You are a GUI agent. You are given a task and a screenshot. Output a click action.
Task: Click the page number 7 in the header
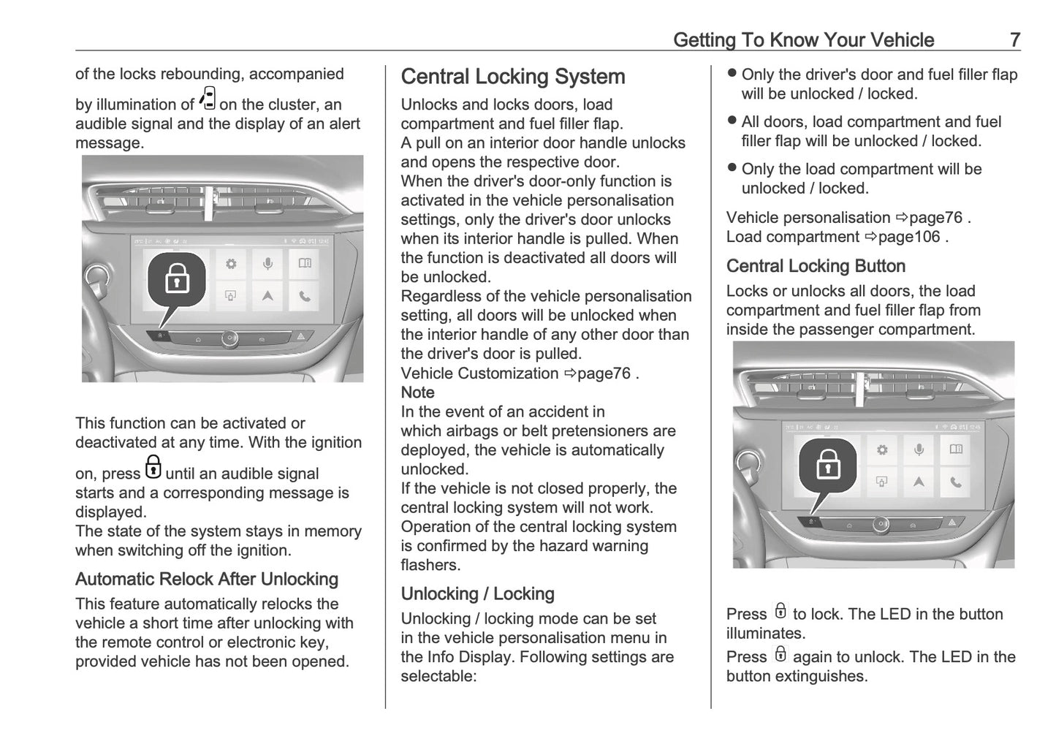(x=1014, y=39)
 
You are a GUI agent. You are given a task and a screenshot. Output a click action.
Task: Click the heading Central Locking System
(x=512, y=77)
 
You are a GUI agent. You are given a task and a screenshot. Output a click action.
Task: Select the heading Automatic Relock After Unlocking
(x=206, y=579)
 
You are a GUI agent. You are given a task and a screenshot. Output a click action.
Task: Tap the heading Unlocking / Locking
(x=477, y=593)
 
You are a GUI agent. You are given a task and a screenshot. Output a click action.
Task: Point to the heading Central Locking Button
(x=815, y=266)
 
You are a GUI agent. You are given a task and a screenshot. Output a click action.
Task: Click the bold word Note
(x=417, y=392)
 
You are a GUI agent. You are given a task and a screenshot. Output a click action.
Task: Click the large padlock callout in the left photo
(x=177, y=280)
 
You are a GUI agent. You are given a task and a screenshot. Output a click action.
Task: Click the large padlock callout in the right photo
(x=827, y=466)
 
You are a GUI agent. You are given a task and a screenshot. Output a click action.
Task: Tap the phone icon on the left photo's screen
(x=304, y=296)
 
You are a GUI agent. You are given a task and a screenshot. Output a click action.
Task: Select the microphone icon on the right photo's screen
(x=919, y=449)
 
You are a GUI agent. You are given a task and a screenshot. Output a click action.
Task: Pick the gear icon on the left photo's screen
(x=231, y=264)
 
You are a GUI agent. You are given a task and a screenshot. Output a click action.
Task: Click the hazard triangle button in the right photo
(x=951, y=523)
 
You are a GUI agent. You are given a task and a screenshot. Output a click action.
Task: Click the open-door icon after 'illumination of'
(x=208, y=99)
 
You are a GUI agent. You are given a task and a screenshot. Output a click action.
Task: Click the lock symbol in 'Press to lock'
(x=780, y=611)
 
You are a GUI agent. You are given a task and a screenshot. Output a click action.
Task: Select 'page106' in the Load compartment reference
(x=909, y=237)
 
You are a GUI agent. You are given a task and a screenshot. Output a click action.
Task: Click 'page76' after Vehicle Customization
(x=604, y=373)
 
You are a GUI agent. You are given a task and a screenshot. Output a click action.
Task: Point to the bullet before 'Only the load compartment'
(x=732, y=167)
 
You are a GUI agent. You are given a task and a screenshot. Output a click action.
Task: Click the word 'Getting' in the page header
(x=704, y=39)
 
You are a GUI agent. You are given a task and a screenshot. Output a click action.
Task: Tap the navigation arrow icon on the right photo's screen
(x=919, y=481)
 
